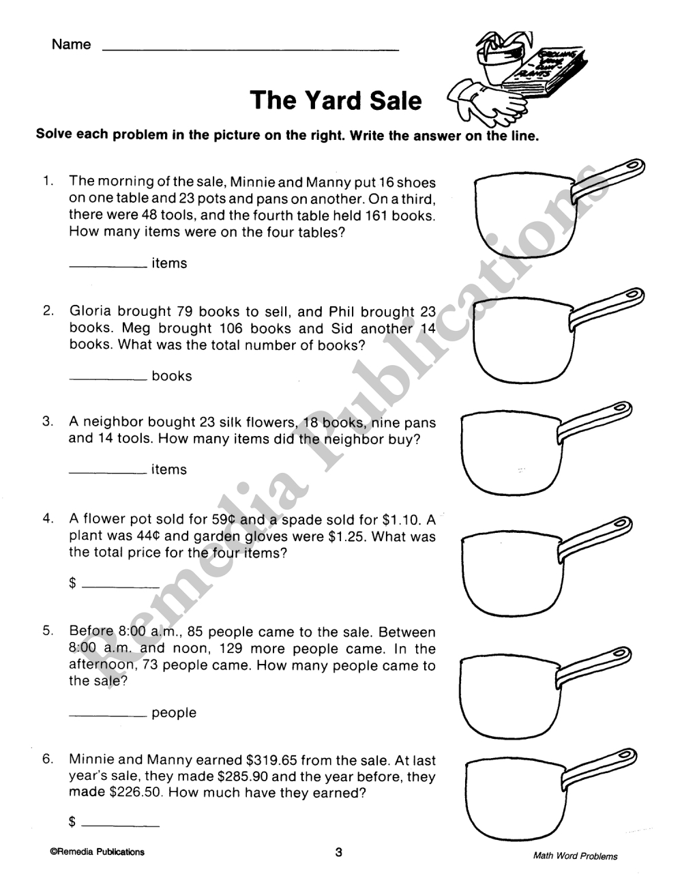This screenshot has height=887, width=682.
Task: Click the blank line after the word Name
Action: point(250,49)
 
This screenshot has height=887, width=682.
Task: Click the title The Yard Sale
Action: point(336,100)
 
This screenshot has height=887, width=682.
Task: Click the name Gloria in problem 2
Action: point(91,312)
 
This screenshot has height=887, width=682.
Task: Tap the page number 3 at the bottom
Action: point(338,852)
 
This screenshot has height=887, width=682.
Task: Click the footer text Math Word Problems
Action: point(576,856)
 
